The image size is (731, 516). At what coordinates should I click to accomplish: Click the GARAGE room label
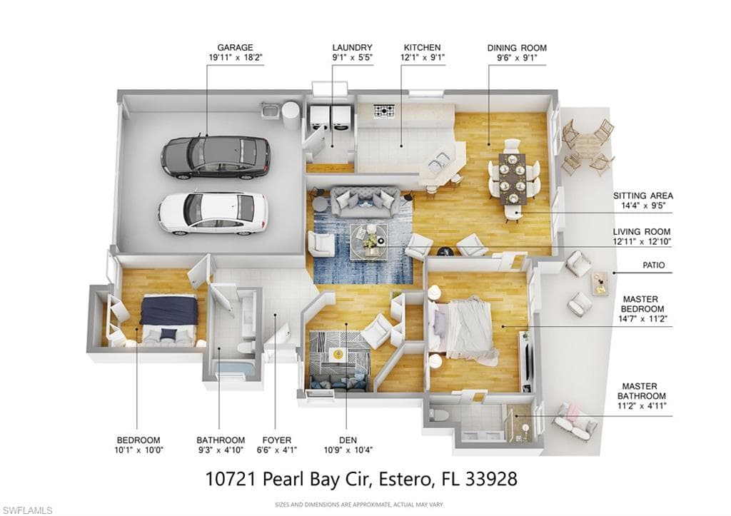pos(235,48)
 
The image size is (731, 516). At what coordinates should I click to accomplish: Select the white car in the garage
pos(213,213)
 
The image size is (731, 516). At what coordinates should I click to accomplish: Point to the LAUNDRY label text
pos(352,48)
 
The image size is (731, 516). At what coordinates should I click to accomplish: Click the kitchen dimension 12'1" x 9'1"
pos(423,58)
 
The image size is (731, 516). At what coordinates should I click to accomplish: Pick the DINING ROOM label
pos(517,48)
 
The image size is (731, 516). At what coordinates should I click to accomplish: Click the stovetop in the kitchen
pos(383,111)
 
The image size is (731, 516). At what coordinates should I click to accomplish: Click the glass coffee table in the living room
pos(369,241)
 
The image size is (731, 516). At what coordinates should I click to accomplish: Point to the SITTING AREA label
pos(643,196)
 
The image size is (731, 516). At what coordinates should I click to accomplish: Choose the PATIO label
pos(654,265)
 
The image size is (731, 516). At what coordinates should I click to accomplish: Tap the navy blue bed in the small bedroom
pos(168,319)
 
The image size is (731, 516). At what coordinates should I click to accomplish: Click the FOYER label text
pos(276,440)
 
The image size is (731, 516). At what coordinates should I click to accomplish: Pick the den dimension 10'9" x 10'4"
pos(348,450)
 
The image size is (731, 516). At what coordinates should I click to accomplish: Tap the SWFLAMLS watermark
pos(27,510)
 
